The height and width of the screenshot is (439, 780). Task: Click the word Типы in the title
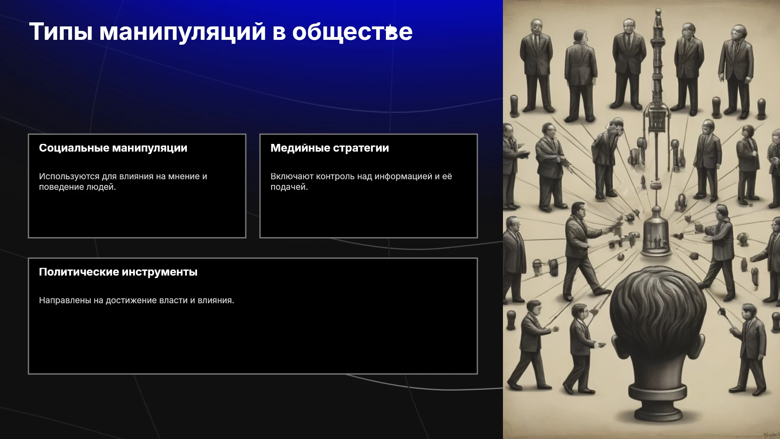coord(61,32)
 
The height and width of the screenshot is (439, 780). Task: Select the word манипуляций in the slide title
coord(183,32)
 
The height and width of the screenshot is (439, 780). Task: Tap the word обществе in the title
coord(352,31)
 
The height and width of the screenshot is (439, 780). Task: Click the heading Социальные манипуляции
coord(113,148)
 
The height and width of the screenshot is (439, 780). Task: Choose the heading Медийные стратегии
coord(329,148)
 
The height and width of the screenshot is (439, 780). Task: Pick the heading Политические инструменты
coord(118,272)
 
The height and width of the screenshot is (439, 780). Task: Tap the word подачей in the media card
coord(289,187)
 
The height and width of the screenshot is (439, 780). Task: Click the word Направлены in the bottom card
coord(65,300)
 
